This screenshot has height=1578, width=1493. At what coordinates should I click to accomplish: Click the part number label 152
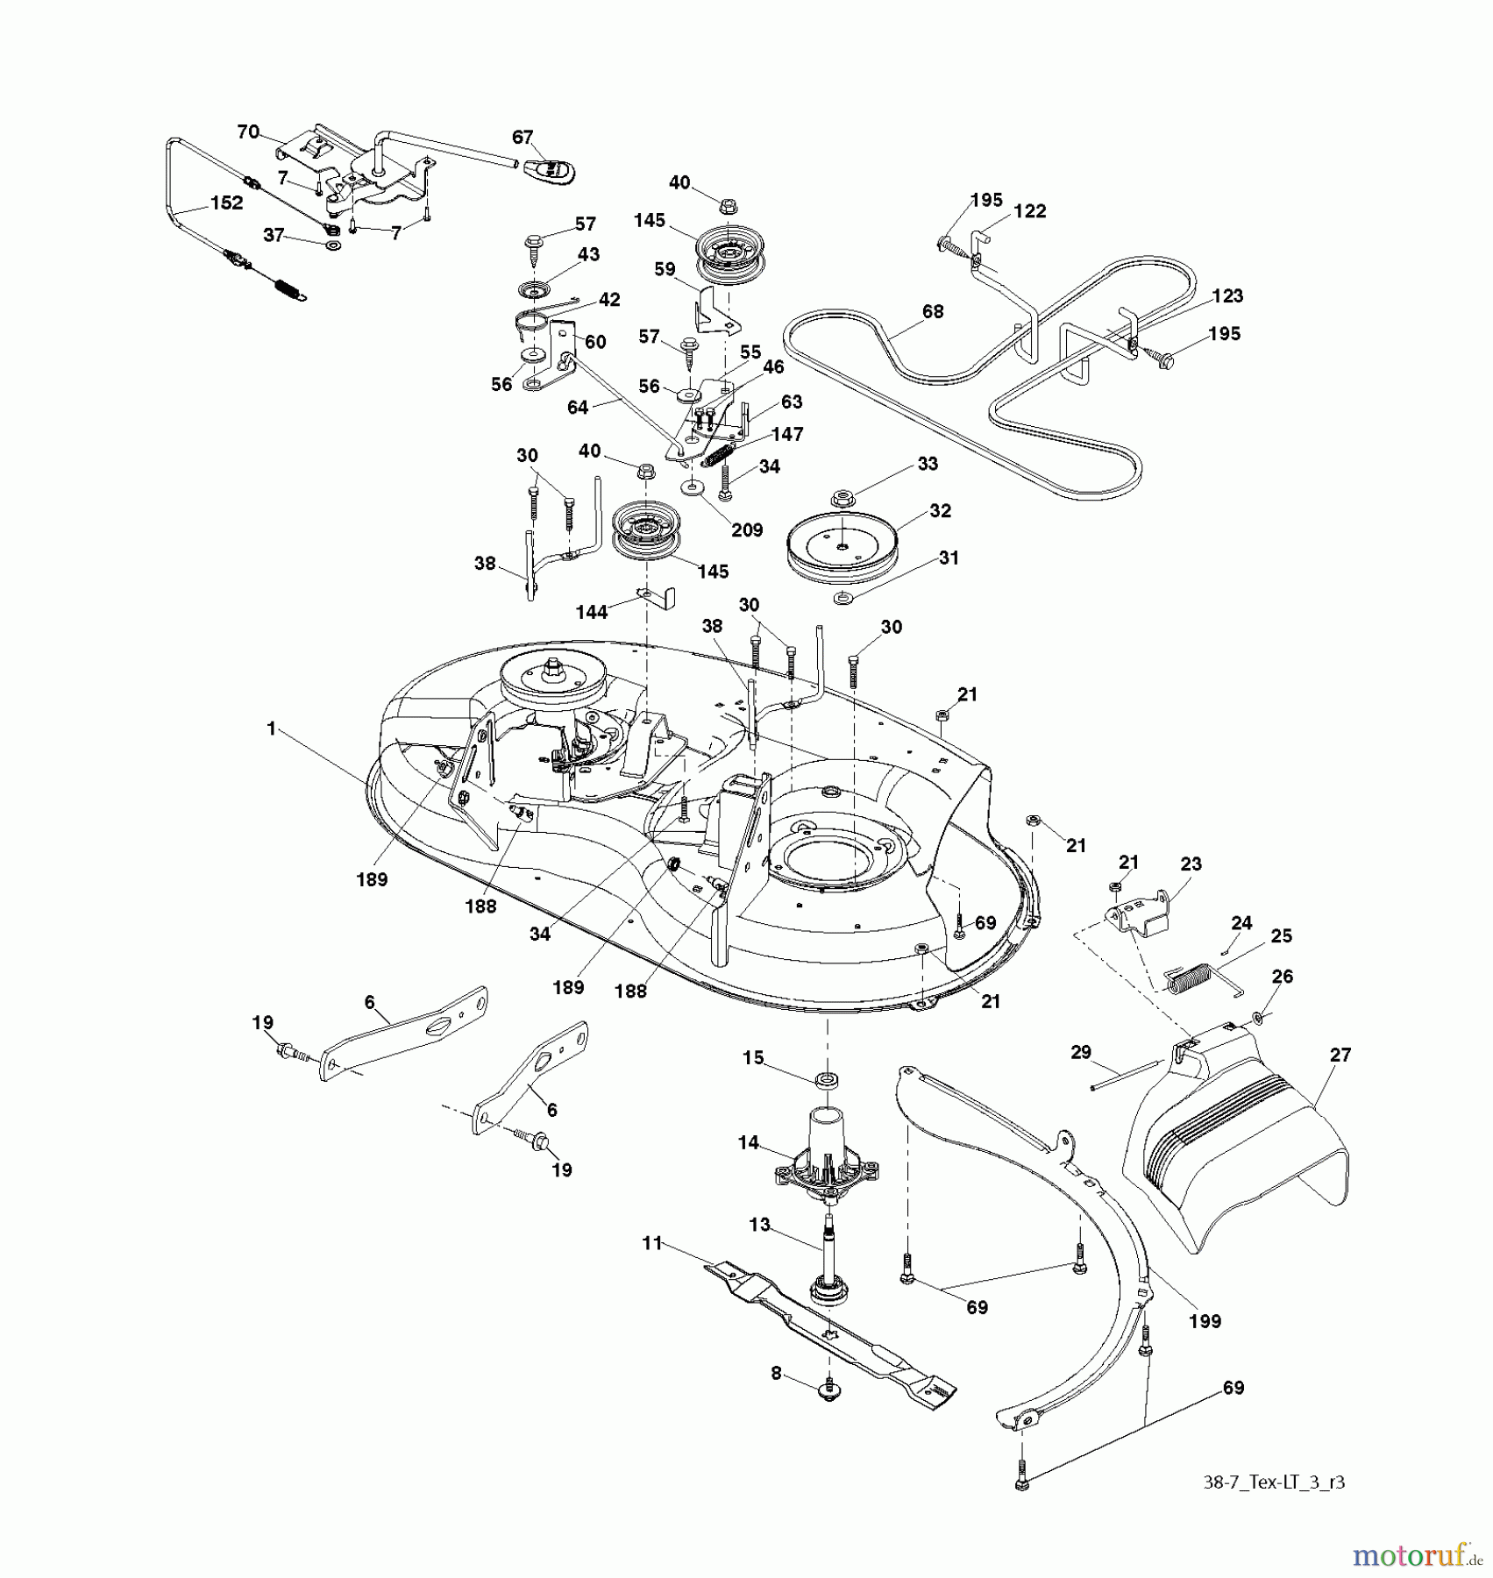click(x=227, y=203)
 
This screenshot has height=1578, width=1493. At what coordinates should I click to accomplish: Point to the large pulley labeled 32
click(x=839, y=542)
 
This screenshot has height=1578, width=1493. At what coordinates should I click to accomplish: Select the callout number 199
click(x=1205, y=1321)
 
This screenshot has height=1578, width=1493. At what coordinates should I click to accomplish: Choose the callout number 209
click(x=747, y=530)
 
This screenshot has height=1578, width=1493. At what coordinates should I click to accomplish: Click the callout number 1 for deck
click(x=271, y=729)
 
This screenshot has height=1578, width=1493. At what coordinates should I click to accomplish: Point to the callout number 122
click(x=1029, y=211)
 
